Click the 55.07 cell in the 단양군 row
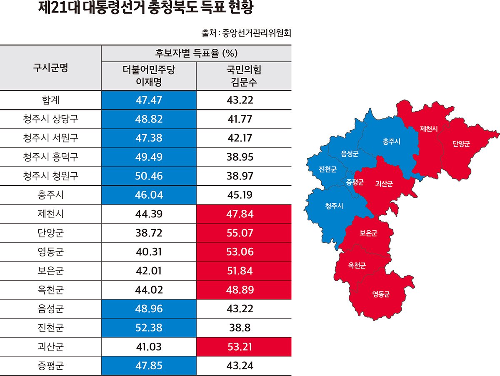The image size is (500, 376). [244, 233]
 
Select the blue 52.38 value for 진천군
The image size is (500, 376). [149, 328]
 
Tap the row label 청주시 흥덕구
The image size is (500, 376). [51, 157]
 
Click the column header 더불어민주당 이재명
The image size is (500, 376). [149, 76]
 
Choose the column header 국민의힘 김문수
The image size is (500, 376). [244, 76]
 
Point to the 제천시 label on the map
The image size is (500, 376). [429, 128]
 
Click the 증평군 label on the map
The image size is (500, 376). [355, 182]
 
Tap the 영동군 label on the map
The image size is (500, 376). [381, 294]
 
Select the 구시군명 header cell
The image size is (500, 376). [51, 67]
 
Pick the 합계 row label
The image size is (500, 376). [51, 100]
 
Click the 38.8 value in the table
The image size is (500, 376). [244, 328]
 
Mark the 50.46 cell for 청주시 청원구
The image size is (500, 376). [149, 176]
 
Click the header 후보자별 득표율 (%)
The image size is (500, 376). [196, 53]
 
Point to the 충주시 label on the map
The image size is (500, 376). [391, 142]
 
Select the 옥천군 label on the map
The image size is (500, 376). [357, 265]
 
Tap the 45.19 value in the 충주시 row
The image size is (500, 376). [244, 195]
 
